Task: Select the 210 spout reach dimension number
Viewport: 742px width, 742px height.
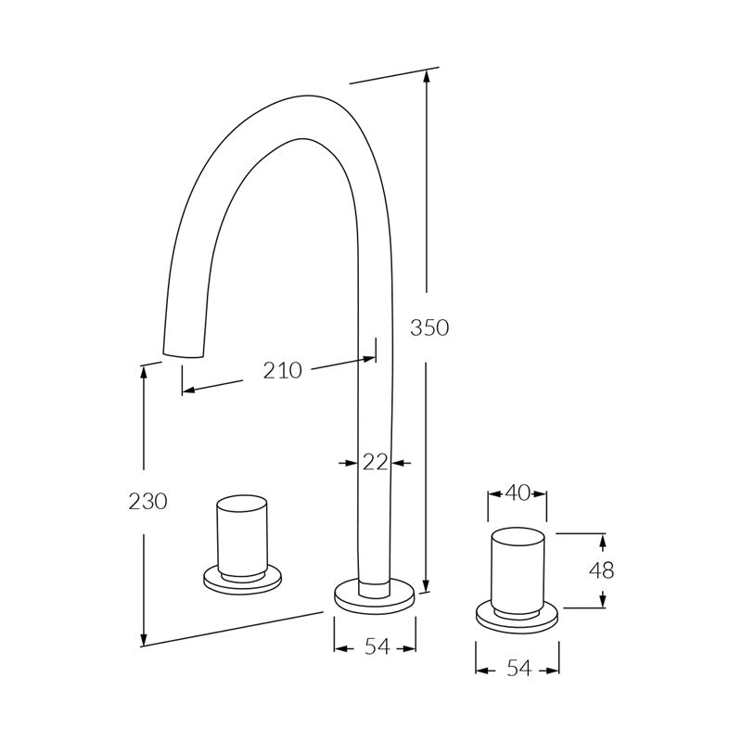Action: [282, 371]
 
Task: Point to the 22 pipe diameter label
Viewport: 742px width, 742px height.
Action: [375, 462]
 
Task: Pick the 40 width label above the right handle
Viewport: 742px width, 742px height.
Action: [517, 494]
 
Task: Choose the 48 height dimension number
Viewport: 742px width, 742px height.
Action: [601, 570]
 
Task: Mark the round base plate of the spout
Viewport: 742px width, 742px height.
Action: [374, 596]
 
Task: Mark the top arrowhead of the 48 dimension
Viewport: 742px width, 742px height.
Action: [603, 539]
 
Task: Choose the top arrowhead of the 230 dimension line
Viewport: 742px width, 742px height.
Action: [144, 369]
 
